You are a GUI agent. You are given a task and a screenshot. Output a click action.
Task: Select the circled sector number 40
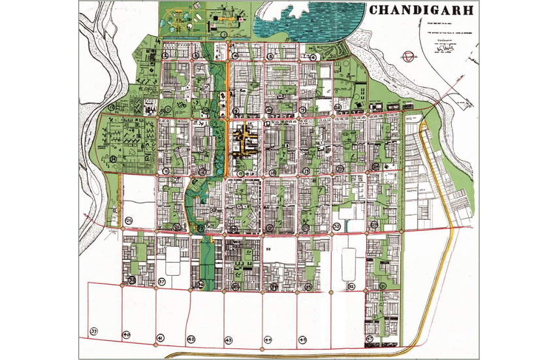point(127,335)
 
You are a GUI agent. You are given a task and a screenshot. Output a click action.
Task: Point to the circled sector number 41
point(160,337)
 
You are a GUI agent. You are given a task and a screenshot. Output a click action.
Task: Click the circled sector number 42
point(191,339)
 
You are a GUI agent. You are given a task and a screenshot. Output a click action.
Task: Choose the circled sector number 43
point(229,340)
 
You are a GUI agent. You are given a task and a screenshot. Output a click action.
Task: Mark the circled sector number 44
point(268,340)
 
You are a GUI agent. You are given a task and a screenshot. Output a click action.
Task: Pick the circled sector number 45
point(302,340)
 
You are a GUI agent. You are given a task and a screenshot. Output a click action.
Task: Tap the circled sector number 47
point(370,339)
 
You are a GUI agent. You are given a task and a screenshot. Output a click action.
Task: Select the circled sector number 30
point(337,226)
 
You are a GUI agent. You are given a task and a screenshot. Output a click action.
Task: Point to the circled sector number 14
point(114,159)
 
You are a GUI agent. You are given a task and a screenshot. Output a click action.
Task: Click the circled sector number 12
point(112,106)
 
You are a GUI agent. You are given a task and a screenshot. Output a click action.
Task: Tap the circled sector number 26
point(338,107)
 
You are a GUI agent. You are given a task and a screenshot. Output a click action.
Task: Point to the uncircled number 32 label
point(268,250)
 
